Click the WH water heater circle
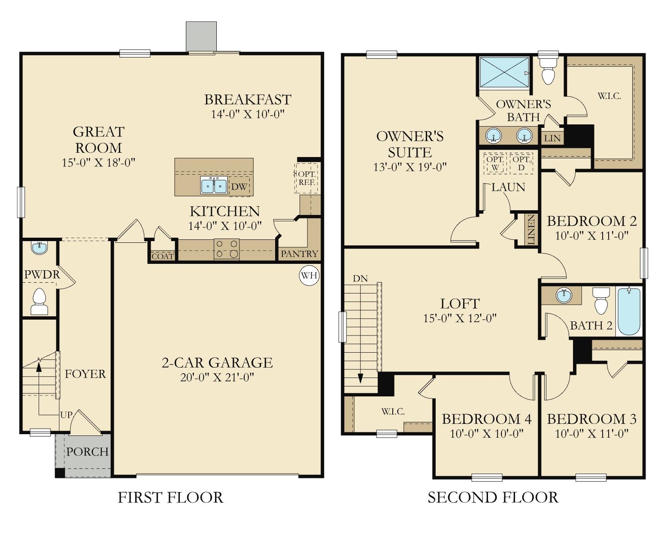coord(309,275)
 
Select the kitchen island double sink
coord(214,185)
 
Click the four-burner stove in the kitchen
coord(227,249)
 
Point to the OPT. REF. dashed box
coord(307,178)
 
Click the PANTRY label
coord(299,254)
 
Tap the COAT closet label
coord(163,257)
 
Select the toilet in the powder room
coord(39,302)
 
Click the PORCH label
coord(87,452)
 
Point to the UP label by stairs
coord(66,415)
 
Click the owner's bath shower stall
coord(504,72)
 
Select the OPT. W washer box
coord(494,163)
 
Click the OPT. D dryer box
coord(521,163)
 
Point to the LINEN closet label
coord(531,230)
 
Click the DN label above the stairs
coord(360,278)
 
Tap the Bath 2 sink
coord(563,295)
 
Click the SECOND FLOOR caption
coord(493,498)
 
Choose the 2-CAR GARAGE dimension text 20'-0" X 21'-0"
coord(217,378)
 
